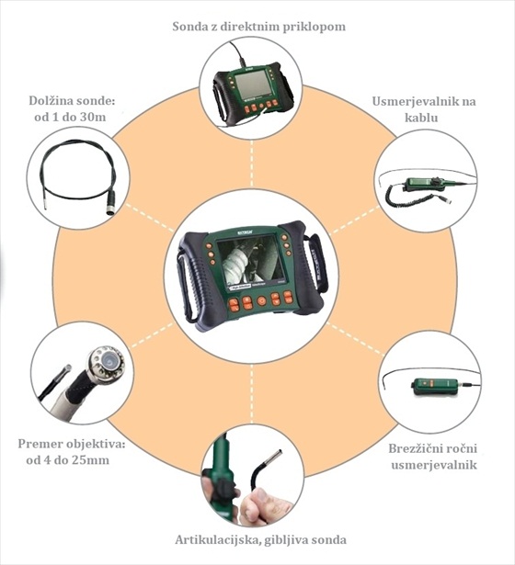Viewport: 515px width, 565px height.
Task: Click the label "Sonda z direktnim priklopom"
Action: point(258,27)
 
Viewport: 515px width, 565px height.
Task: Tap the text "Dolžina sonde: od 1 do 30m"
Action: point(72,108)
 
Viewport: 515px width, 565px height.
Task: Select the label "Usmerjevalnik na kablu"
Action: point(424,109)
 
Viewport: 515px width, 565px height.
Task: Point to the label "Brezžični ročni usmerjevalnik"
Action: point(433,457)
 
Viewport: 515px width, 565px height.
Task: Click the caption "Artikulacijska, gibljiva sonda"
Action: point(261,540)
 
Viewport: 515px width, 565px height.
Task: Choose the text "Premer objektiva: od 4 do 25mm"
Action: point(72,452)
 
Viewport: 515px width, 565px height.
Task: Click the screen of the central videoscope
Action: point(251,259)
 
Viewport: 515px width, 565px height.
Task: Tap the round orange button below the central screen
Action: point(261,300)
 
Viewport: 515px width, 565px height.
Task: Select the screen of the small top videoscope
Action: point(253,85)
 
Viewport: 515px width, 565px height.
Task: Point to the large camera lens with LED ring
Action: point(108,361)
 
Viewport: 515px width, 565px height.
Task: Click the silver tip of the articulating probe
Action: point(276,458)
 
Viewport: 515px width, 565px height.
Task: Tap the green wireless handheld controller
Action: point(435,385)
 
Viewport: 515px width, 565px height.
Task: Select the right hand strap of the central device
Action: point(316,264)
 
